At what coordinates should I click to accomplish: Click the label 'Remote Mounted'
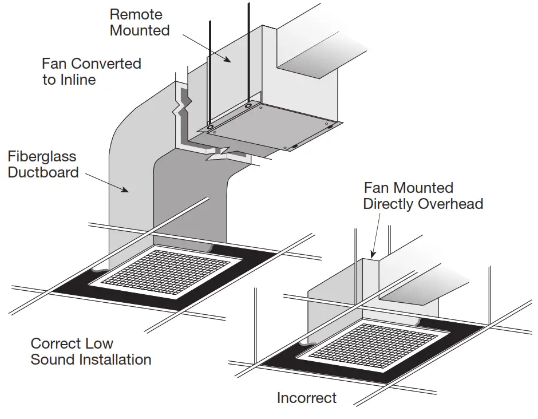point(140,22)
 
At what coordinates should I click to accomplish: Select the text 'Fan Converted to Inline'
point(91,71)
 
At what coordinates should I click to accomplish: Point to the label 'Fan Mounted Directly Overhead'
point(422,196)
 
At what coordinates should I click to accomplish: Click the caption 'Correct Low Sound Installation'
point(90,351)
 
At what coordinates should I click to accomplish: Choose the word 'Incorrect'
point(307,397)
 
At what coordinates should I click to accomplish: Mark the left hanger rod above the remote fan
point(209,69)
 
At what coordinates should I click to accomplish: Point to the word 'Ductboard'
point(43,172)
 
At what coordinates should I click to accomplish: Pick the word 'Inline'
point(76,80)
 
